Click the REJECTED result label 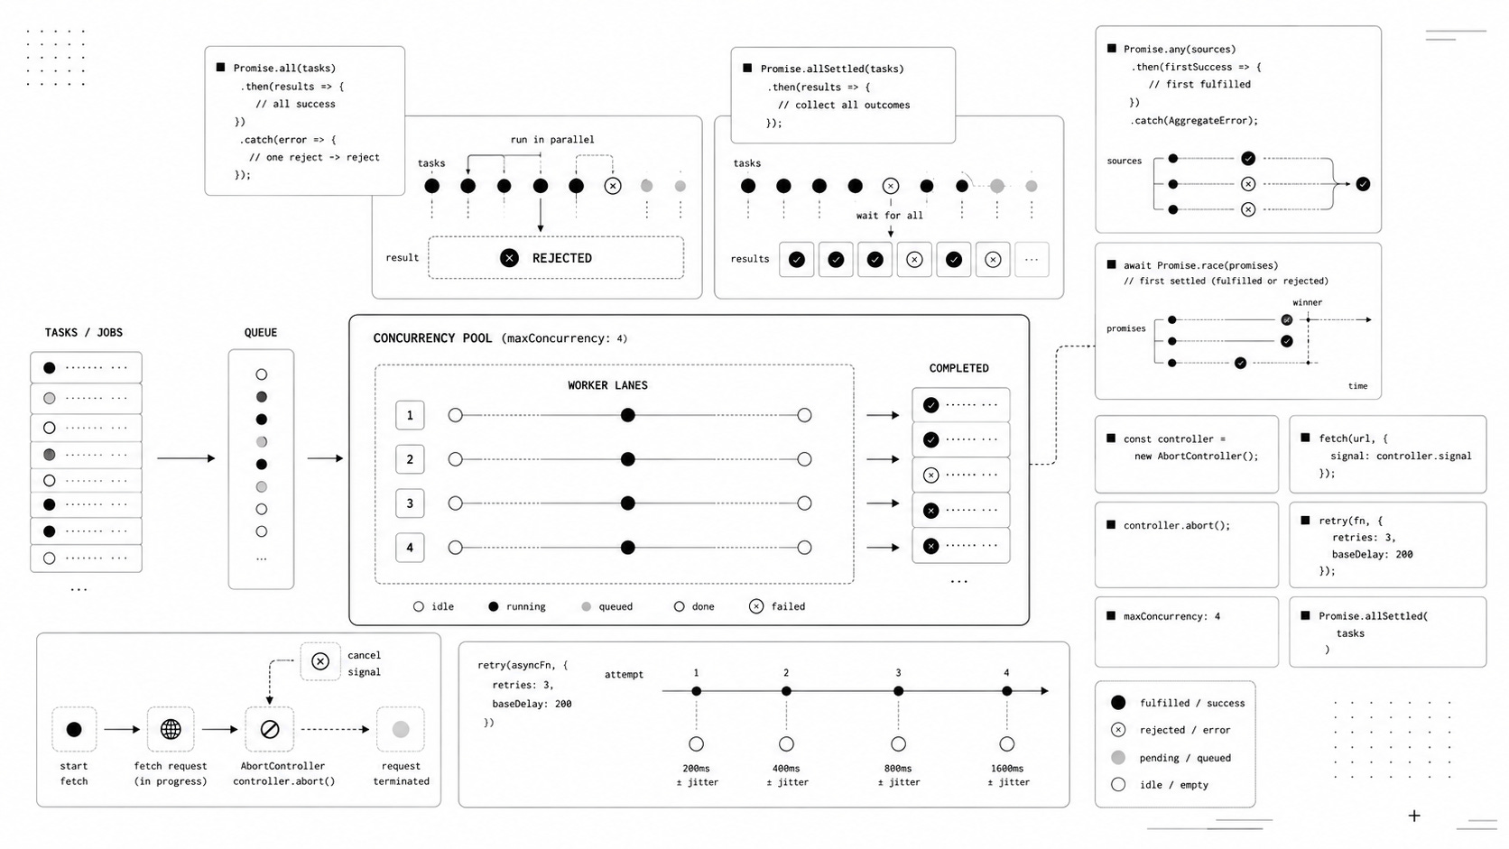coord(562,258)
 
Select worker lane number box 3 coord(410,503)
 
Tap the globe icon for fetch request coord(171,729)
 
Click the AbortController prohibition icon coord(270,729)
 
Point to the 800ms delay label coord(898,768)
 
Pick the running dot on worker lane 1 coord(628,415)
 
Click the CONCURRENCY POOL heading coord(432,338)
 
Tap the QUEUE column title coord(261,333)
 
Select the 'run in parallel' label coord(552,139)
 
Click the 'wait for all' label coord(889,216)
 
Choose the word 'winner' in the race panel coord(1308,302)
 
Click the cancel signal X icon coord(320,661)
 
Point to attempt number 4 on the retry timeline coord(1006,672)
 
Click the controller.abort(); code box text coord(1177,525)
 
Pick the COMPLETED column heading coord(958,368)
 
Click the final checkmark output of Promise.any coord(1363,184)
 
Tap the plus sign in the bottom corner coord(1414,816)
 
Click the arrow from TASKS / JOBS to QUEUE coord(186,458)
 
